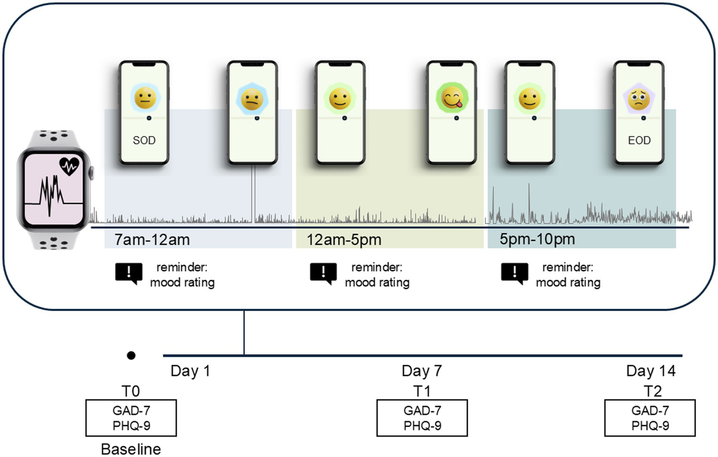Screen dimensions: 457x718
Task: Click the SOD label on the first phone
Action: pos(144,140)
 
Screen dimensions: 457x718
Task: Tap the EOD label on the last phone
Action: pos(639,140)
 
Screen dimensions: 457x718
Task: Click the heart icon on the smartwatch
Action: pos(69,166)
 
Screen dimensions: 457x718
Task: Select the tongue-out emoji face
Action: pos(452,98)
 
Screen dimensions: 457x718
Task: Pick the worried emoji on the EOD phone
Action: pos(639,99)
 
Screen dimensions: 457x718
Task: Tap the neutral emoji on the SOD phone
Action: pos(145,98)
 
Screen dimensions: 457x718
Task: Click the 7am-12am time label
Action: pos(152,240)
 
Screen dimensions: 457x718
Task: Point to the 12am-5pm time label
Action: pos(344,240)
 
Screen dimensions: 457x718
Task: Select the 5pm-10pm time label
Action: pos(537,239)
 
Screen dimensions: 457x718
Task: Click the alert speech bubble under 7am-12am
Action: pos(129,273)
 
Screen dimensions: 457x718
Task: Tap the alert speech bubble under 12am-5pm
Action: pos(323,273)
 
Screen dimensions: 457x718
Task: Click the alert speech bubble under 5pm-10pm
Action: pos(515,273)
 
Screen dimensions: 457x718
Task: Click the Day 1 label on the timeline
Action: pos(190,371)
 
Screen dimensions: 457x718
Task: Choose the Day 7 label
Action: pos(421,371)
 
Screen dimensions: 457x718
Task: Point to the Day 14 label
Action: pos(651,371)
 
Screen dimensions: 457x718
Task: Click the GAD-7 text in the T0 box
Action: pos(131,411)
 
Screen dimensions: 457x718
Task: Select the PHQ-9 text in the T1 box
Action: pos(422,426)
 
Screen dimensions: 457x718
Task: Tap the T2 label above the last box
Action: pos(652,391)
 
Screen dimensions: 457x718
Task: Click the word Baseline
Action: pos(131,449)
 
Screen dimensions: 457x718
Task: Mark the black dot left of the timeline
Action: pos(131,356)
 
